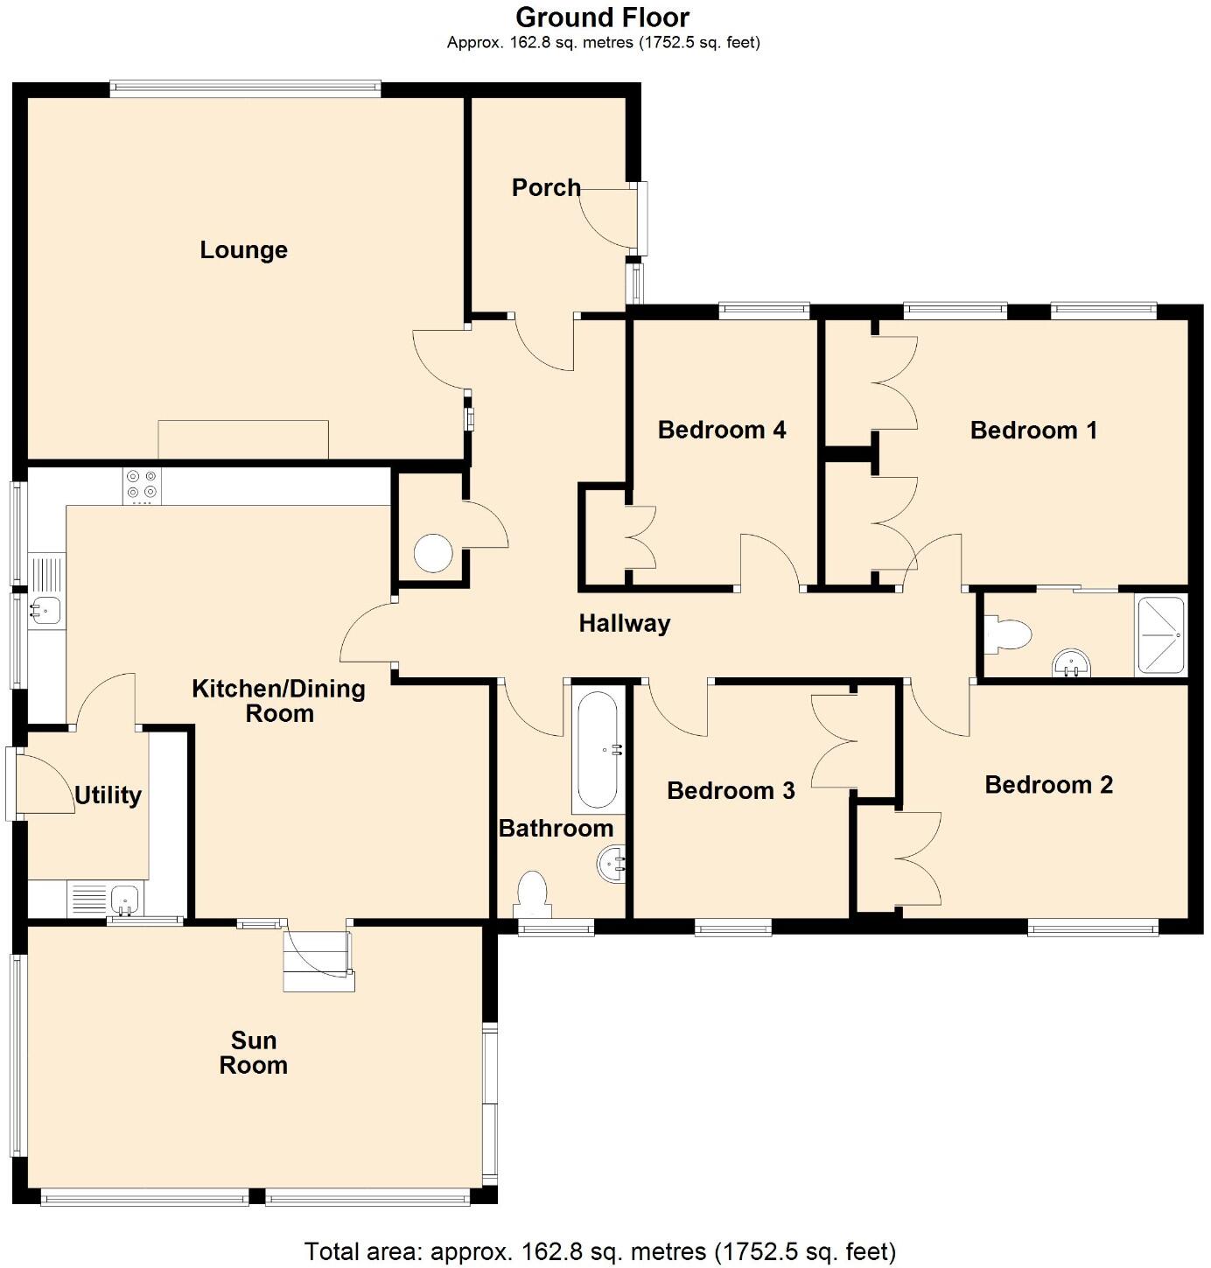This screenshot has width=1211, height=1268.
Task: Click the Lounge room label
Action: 243,250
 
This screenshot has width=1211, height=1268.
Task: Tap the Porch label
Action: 545,187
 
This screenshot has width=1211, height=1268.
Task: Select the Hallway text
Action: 624,623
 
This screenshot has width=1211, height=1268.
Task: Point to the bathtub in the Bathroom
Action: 598,749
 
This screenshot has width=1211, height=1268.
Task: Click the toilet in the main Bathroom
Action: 532,894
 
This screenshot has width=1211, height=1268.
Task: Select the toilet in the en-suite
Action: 1007,634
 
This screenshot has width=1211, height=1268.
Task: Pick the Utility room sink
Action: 125,898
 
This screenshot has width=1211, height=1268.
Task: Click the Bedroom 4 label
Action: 721,430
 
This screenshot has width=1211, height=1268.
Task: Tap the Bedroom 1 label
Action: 1032,430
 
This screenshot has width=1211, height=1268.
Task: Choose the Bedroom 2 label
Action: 1047,784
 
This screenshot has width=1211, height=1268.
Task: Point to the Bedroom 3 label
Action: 730,790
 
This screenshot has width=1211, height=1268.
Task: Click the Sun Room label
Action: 253,1052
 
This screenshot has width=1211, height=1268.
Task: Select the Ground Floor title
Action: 602,18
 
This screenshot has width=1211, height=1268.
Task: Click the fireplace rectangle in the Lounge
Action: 242,439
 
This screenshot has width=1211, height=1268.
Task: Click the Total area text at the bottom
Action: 599,1250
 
